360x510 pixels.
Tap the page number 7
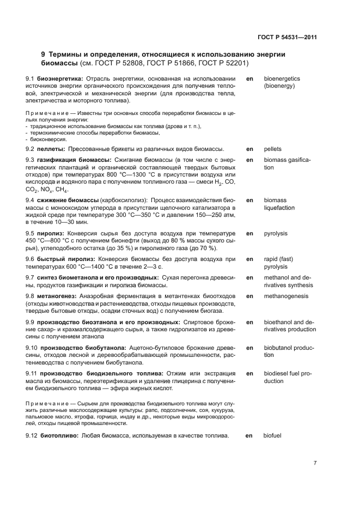coord(315,463)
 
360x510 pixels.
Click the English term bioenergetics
coord(282,79)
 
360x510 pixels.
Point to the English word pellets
coord(273,149)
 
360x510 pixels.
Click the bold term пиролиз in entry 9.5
coord(51,233)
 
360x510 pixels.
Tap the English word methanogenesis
coord(286,296)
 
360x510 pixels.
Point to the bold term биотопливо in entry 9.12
coord(59,436)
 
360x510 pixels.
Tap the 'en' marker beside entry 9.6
coord(249,259)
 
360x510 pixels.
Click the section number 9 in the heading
coord(44,54)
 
